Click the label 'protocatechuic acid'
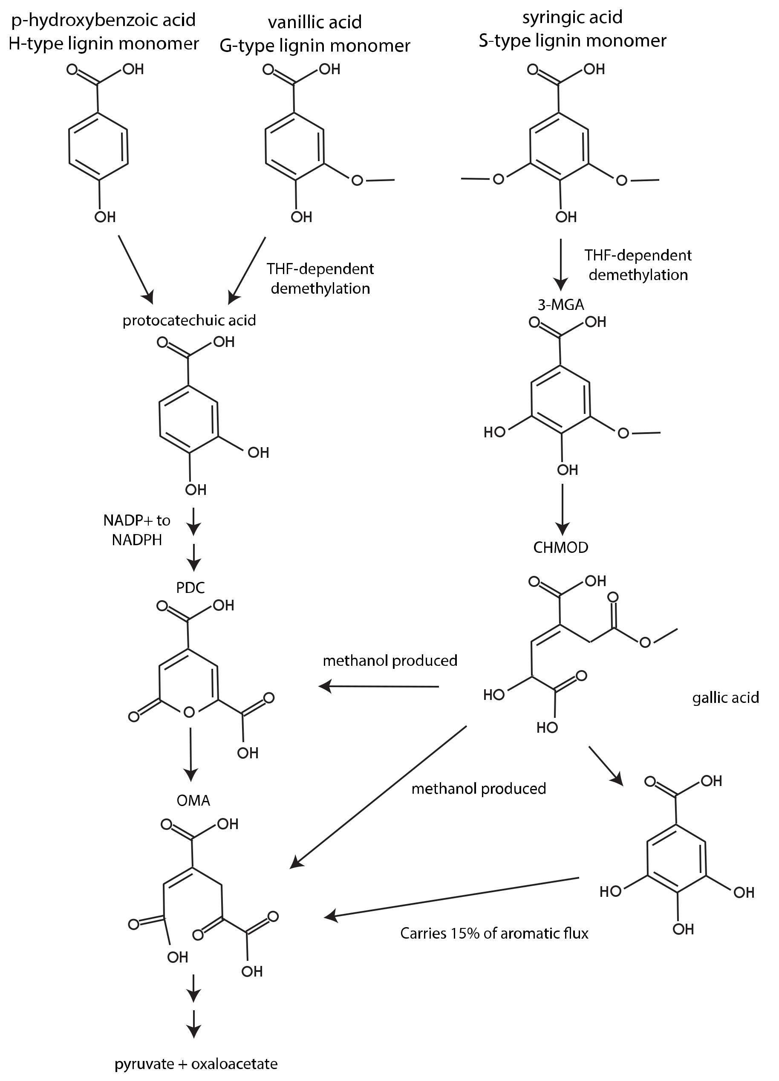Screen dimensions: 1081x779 (189, 320)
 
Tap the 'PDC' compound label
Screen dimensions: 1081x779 (190, 588)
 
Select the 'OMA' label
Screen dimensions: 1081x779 (193, 800)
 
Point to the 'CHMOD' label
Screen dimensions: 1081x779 (560, 547)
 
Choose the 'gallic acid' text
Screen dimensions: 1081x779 (725, 698)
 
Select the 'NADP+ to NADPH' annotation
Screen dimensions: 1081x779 (137, 530)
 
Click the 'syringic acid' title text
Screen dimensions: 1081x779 (572, 17)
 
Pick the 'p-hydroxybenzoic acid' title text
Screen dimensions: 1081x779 (104, 20)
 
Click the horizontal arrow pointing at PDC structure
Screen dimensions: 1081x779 (378, 687)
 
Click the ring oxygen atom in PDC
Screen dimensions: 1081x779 (189, 713)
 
